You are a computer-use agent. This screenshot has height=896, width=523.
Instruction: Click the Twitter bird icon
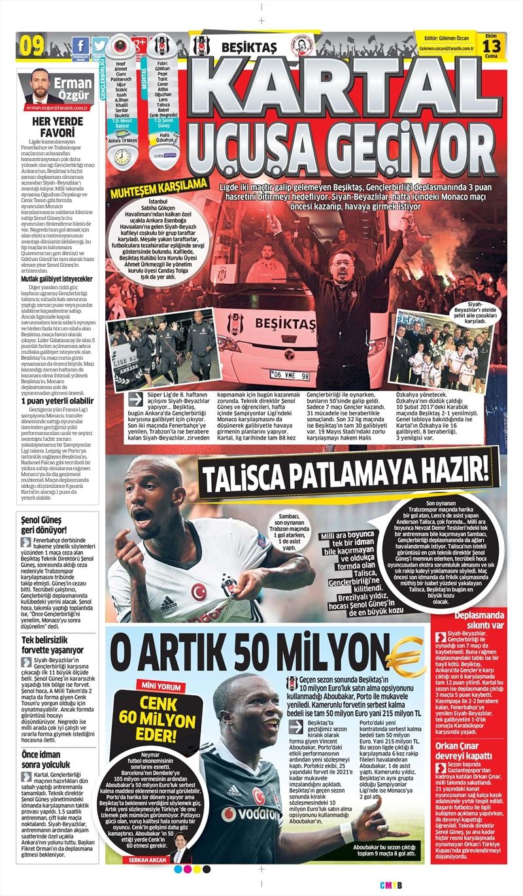pos(99,45)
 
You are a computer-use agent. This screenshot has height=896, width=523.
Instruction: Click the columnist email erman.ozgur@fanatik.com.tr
pos(57,107)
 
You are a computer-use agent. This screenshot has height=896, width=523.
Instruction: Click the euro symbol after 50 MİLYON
pos(406,650)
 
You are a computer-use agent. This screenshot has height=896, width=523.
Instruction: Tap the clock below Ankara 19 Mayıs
pos(121,156)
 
